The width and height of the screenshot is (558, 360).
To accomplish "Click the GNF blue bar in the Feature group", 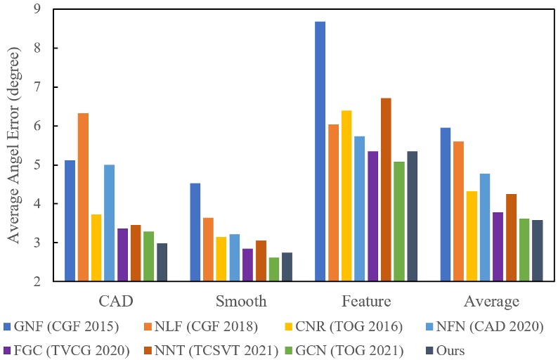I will pos(320,151).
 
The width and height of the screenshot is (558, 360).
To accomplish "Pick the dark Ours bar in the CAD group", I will pos(162,262).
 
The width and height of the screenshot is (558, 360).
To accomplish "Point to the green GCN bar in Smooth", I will pos(273,269).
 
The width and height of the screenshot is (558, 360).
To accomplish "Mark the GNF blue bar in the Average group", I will pos(445,205).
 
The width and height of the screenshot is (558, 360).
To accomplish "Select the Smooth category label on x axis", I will pos(241,302).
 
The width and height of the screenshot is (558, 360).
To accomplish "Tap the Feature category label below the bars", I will pos(366,302).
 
